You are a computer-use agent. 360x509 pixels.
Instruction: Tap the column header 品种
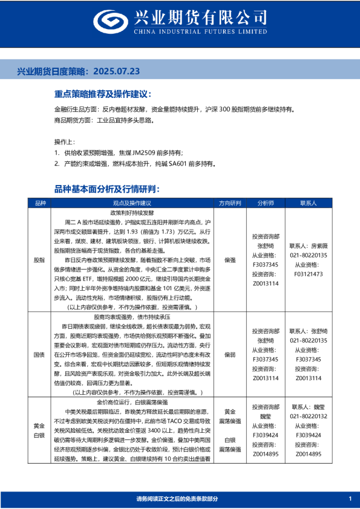[40, 203]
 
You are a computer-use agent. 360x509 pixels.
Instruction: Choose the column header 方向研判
[229, 203]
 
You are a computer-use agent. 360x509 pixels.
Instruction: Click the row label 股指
[40, 260]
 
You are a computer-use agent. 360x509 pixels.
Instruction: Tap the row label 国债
[40, 354]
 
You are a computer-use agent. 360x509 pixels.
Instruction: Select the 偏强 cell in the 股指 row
[229, 260]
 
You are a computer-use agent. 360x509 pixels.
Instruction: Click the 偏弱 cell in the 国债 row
[229, 354]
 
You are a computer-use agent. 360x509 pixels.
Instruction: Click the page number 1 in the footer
[350, 498]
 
